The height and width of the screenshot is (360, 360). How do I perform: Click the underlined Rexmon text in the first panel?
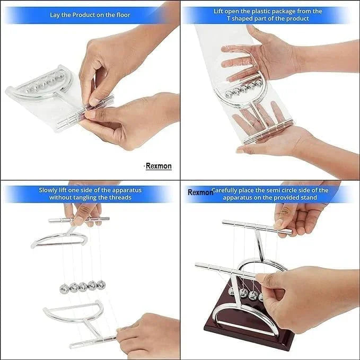click(x=159, y=166)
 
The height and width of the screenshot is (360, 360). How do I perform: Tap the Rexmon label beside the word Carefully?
click(x=200, y=192)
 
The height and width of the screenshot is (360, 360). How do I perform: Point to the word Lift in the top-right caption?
click(x=219, y=11)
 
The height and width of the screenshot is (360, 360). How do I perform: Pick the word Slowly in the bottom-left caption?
click(x=49, y=190)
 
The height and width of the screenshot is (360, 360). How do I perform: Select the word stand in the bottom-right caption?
click(x=308, y=197)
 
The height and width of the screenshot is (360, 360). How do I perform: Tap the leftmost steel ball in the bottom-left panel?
click(x=65, y=288)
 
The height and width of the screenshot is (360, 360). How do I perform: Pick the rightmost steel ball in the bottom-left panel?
click(x=101, y=285)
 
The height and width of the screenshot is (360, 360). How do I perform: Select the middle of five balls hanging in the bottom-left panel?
click(x=83, y=287)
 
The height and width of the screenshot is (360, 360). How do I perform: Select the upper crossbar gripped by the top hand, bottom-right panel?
click(x=257, y=226)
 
